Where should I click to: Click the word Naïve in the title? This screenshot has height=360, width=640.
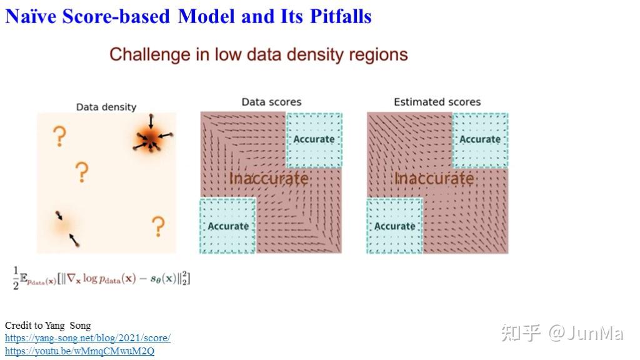point(31,16)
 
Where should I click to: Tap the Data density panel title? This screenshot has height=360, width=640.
point(106,107)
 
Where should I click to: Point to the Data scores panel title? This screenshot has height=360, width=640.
point(271,102)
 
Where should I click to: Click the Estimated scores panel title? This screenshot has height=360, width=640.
point(437,102)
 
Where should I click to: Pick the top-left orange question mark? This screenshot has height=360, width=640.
point(59,136)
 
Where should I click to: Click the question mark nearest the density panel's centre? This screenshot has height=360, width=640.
point(81,171)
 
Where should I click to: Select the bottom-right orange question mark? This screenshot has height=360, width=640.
point(158,226)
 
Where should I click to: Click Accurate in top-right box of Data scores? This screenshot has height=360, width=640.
point(314,139)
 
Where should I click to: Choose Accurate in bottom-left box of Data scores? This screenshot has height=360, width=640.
point(228,226)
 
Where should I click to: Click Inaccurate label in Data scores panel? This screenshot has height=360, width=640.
point(269,179)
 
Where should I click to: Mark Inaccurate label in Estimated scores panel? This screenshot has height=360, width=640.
point(434,179)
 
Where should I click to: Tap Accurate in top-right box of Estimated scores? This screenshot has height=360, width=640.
point(480,139)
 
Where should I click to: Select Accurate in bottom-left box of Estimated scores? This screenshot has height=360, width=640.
point(394,226)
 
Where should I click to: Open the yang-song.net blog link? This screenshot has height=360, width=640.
point(87,338)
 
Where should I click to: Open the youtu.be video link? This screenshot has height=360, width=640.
point(79,351)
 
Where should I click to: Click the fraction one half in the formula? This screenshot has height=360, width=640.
point(16,278)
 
